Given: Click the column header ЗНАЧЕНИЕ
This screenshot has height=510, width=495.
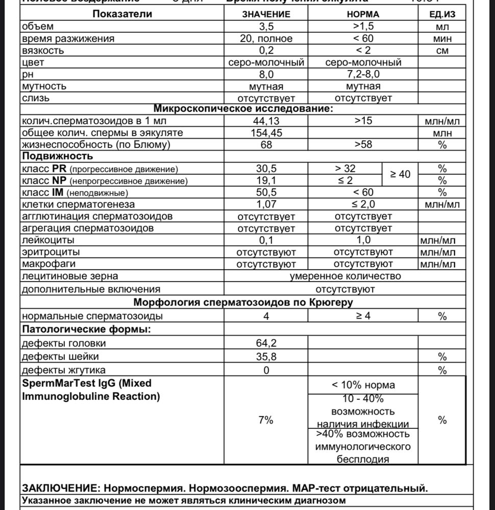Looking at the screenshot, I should (266, 14).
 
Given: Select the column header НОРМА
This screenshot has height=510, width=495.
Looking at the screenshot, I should (363, 14).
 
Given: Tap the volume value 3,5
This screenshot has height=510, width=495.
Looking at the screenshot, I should (266, 27).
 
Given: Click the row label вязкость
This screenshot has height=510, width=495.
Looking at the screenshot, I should (43, 50).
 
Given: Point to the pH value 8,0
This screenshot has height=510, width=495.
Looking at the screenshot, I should (266, 74).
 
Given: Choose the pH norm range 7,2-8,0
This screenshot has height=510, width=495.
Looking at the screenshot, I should (363, 74).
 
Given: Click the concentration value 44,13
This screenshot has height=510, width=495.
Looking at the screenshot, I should (266, 121).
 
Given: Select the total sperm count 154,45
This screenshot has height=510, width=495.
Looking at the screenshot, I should (266, 133).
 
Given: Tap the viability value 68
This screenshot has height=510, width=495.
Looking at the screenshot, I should (266, 144).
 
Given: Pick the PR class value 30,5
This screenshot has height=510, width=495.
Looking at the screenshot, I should (266, 168).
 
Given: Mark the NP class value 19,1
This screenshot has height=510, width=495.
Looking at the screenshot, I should (266, 181).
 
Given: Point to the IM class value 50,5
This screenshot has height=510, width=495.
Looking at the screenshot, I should (266, 192).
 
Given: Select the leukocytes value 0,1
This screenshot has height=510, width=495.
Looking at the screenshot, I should (266, 240).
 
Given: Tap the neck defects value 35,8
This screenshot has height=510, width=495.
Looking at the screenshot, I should (266, 356).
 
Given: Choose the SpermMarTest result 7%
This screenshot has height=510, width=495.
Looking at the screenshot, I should (266, 420).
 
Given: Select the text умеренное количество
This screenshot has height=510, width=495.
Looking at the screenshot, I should (345, 276).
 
